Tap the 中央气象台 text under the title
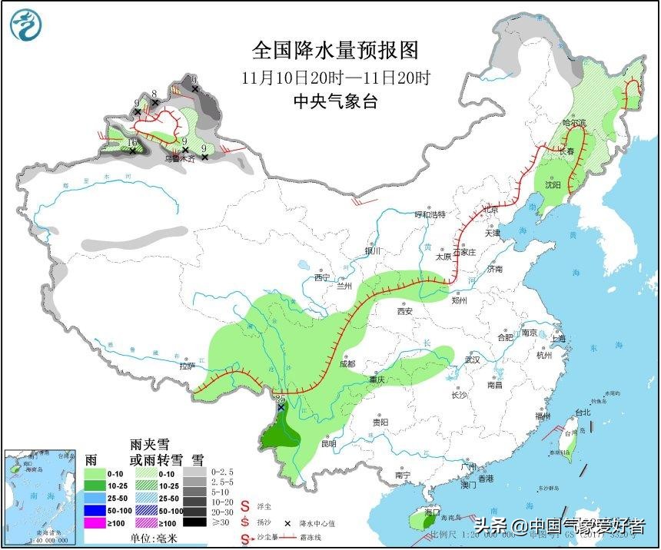pyautogui.click(x=335, y=101)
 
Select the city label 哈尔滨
pyautogui.click(x=573, y=122)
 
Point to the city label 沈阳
pyautogui.click(x=553, y=184)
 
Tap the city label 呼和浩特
pyautogui.click(x=430, y=214)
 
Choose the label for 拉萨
pyautogui.click(x=187, y=366)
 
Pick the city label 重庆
pyautogui.click(x=376, y=379)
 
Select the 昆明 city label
pyautogui.click(x=328, y=443)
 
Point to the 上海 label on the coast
pyautogui.click(x=558, y=339)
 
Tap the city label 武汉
pyautogui.click(x=471, y=359)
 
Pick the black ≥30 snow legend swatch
pyautogui.click(x=198, y=523)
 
